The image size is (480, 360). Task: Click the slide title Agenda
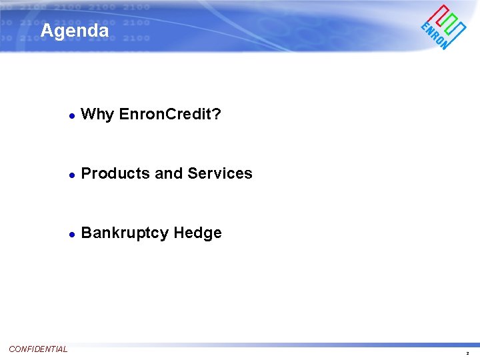(74, 31)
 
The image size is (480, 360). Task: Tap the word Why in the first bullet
(97, 115)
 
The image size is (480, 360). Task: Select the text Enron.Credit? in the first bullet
(170, 115)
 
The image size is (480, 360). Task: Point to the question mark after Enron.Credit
(217, 115)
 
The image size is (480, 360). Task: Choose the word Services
(220, 173)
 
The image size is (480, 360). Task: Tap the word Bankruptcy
(125, 233)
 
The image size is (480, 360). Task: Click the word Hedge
(197, 233)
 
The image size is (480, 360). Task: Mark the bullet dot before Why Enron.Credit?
(71, 116)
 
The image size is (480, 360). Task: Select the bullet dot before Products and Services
(71, 175)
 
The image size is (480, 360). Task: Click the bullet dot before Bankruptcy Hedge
(71, 234)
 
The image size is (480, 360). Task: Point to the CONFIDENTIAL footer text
(38, 349)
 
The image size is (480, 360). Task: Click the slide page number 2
(467, 353)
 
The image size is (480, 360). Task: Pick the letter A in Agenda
(46, 31)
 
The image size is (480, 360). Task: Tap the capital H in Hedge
(179, 233)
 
